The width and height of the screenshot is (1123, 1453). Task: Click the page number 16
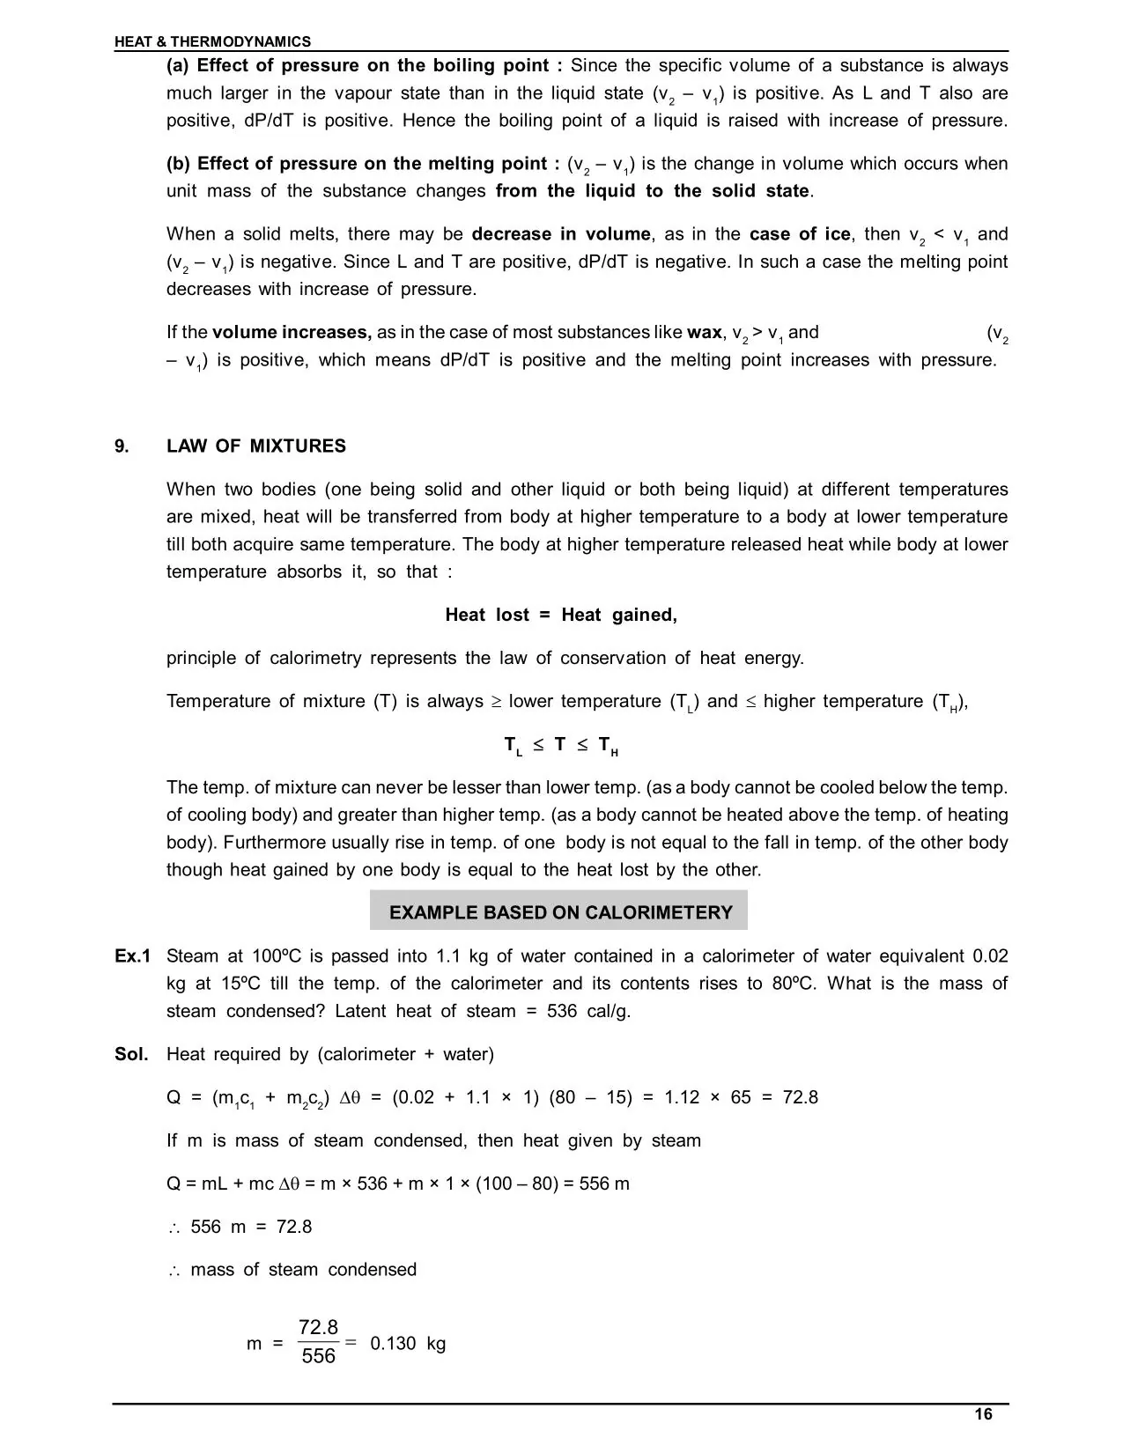click(x=983, y=1414)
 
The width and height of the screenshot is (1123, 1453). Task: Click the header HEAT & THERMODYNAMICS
click(x=212, y=41)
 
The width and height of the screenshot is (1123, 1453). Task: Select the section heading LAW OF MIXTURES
click(x=256, y=446)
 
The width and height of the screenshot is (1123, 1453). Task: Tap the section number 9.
click(x=122, y=446)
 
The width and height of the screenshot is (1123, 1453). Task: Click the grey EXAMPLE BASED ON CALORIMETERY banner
click(x=559, y=912)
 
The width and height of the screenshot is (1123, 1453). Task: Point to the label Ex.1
click(x=132, y=956)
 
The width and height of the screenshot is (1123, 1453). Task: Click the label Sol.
click(x=131, y=1054)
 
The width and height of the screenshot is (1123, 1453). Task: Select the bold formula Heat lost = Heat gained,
click(x=561, y=616)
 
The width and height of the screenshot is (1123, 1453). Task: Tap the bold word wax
click(x=704, y=333)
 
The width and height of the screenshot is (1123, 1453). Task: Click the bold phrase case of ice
click(x=800, y=234)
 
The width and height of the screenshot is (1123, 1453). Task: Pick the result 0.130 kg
click(x=408, y=1344)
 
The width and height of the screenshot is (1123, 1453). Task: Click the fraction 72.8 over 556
click(x=318, y=1342)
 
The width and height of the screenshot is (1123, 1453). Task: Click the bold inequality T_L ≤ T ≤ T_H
click(x=561, y=746)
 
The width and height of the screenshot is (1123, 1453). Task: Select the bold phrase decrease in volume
click(x=561, y=234)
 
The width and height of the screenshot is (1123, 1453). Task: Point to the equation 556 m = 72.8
click(x=251, y=1227)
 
